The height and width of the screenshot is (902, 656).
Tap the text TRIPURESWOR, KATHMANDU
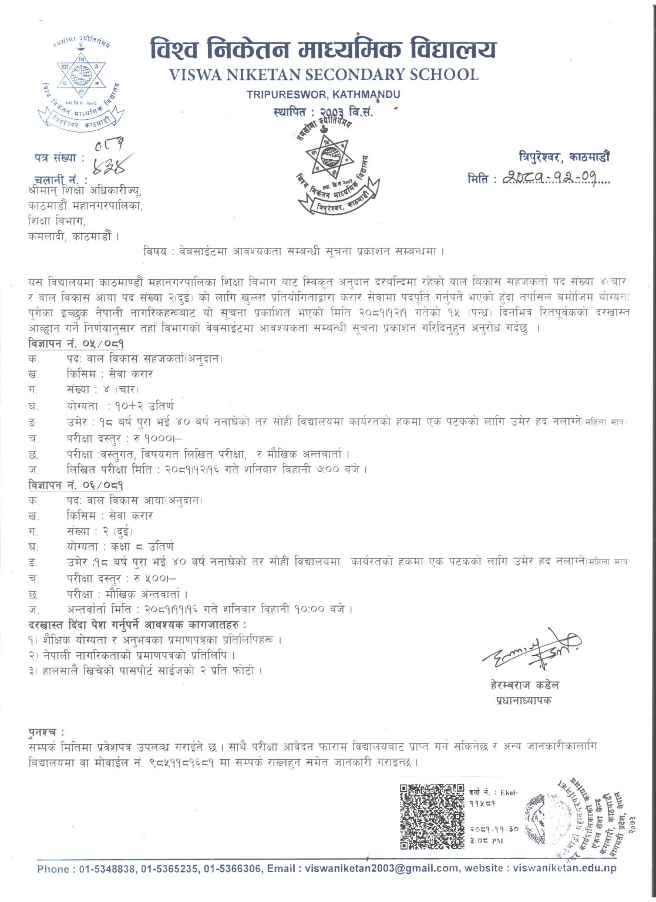pyautogui.click(x=323, y=94)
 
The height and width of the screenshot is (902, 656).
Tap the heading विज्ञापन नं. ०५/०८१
pyautogui.click(x=76, y=344)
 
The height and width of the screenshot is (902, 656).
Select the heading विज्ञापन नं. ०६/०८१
pyautogui.click(x=76, y=485)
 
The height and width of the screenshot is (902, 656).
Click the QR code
pyautogui.click(x=432, y=817)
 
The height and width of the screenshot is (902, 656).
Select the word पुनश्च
pyautogui.click(x=46, y=732)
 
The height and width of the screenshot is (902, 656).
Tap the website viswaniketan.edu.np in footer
pyautogui.click(x=564, y=868)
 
